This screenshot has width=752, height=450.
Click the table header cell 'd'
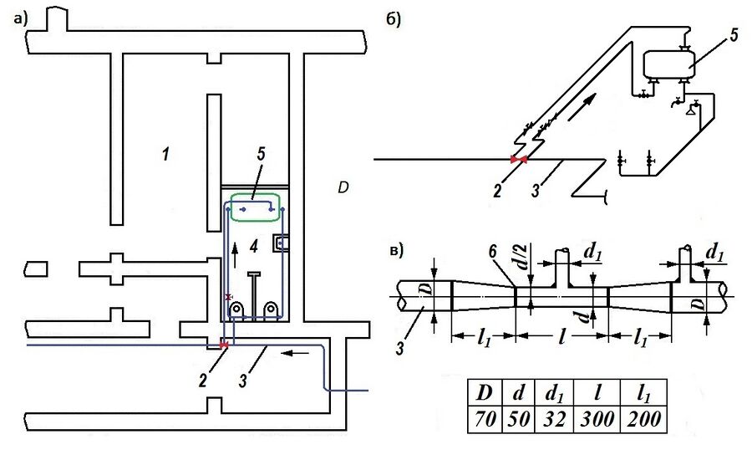click(520, 392)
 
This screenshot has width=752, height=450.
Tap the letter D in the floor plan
click(343, 187)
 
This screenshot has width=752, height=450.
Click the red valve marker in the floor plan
click(223, 345)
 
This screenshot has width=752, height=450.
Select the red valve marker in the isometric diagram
click(519, 159)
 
